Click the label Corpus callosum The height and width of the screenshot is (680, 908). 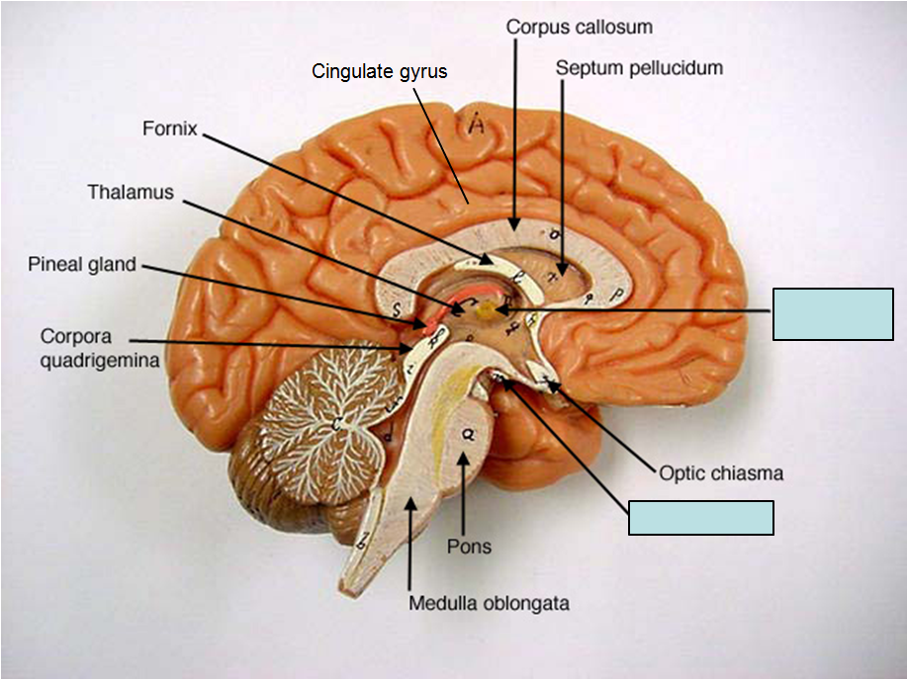579,27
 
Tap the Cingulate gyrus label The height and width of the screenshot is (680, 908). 380,71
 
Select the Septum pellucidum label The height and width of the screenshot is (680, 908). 639,68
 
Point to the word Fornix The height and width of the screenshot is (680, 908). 171,128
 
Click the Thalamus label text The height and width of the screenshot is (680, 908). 131,192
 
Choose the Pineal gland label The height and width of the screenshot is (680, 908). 82,265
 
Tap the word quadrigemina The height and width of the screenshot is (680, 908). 100,360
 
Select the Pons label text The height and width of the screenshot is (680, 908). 469,546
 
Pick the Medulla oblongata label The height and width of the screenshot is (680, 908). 490,603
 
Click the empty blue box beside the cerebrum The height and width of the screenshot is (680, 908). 833,314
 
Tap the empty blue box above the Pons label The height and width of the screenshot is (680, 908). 701,517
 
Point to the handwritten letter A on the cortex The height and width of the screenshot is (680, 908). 478,126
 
